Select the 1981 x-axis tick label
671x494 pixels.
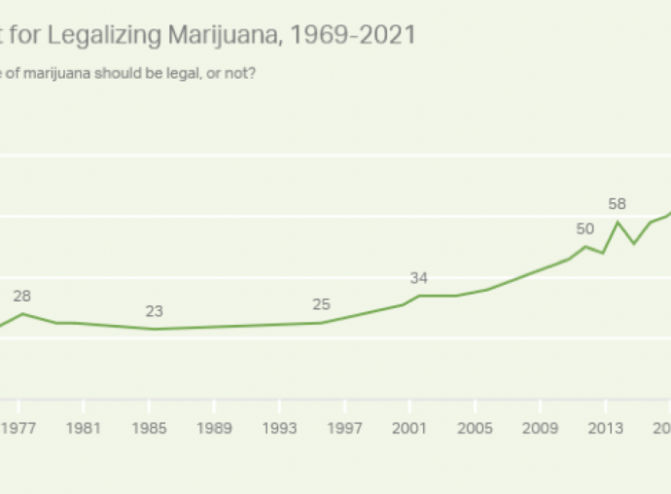point(83,428)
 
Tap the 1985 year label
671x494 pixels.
point(149,428)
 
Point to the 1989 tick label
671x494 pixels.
point(214,428)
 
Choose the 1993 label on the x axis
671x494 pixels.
point(279,428)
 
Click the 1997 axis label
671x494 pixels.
point(344,428)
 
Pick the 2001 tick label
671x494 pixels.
point(409,428)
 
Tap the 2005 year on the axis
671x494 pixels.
point(475,428)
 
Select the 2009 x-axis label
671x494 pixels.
point(540,428)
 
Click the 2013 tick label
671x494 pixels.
point(605,428)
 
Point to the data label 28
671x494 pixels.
point(22,296)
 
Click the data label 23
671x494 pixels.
point(154,311)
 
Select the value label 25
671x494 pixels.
point(322,304)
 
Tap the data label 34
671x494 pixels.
point(419,278)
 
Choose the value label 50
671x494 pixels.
point(584,229)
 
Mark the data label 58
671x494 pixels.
point(617,204)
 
